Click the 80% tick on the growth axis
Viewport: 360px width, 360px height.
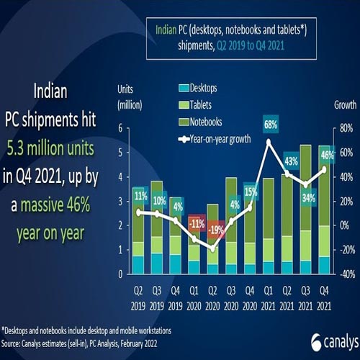click(343, 128)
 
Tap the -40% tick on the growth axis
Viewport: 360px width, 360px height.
click(343, 274)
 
